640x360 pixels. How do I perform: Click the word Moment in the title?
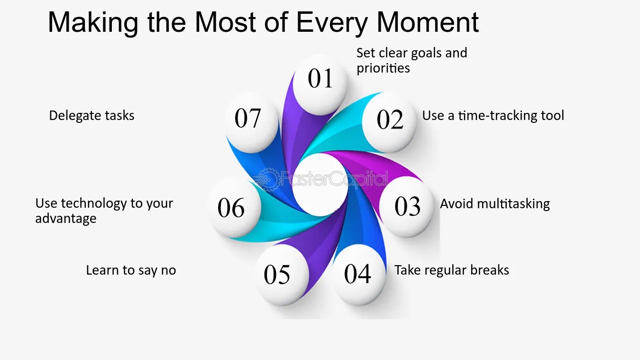(x=428, y=22)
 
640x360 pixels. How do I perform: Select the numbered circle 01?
(x=320, y=85)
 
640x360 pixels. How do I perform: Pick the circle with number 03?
(x=406, y=206)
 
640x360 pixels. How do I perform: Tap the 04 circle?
(x=358, y=275)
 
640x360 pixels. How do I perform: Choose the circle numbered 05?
(x=282, y=275)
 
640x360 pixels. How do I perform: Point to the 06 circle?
(x=234, y=207)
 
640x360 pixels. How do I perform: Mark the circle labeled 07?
(x=251, y=122)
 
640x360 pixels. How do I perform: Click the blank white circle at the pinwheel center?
(x=320, y=185)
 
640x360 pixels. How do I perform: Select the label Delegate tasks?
(x=91, y=116)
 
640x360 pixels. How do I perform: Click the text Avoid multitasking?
(x=495, y=204)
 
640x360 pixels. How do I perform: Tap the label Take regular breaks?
(x=452, y=270)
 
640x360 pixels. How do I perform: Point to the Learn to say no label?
(x=131, y=270)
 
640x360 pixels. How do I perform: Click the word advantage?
(x=66, y=219)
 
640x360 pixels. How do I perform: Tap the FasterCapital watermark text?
(x=335, y=179)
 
